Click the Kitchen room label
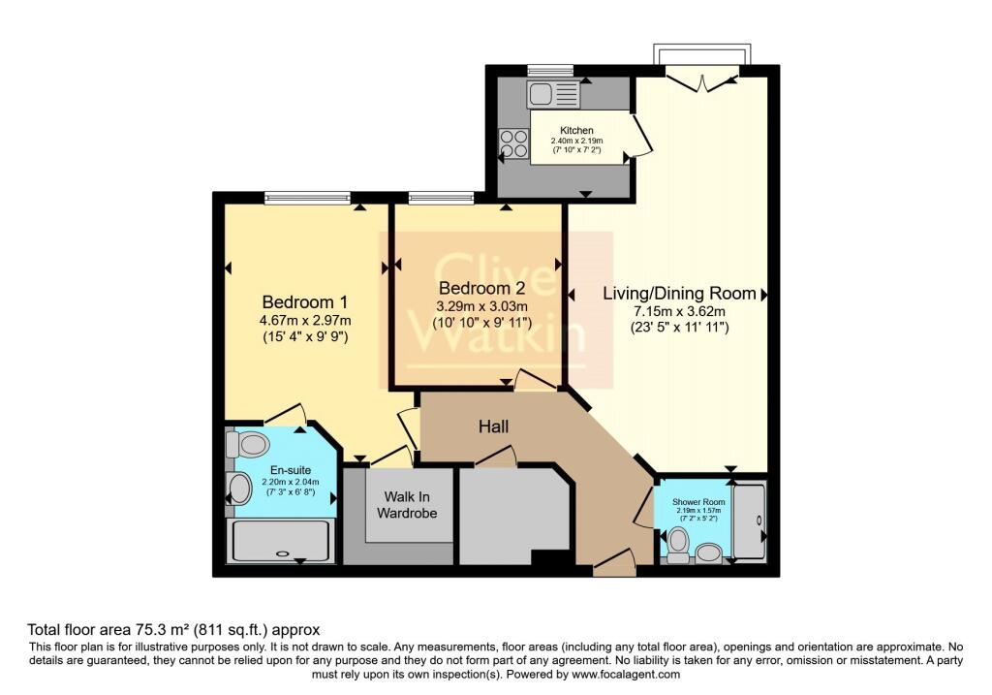(x=576, y=130)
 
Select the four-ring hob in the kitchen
(x=513, y=144)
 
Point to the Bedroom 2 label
(x=481, y=289)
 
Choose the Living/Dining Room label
(x=665, y=293)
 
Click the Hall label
(x=492, y=426)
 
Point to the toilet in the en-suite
(x=249, y=445)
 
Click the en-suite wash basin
(x=238, y=489)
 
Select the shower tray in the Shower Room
(x=749, y=521)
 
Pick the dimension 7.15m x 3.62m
(x=665, y=311)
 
